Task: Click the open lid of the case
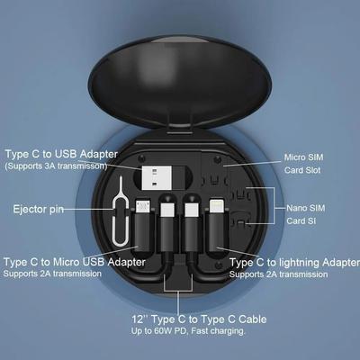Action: [x=180, y=72]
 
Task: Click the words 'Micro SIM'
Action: [x=304, y=156]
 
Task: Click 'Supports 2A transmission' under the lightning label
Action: [x=281, y=274]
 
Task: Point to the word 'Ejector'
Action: [x=26, y=210]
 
